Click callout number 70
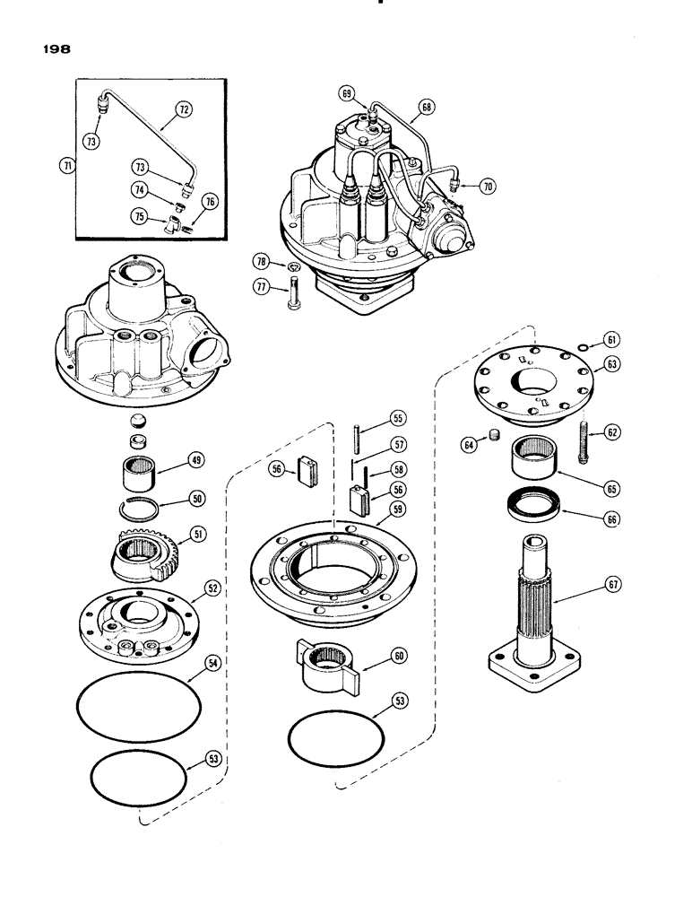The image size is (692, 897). click(488, 187)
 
